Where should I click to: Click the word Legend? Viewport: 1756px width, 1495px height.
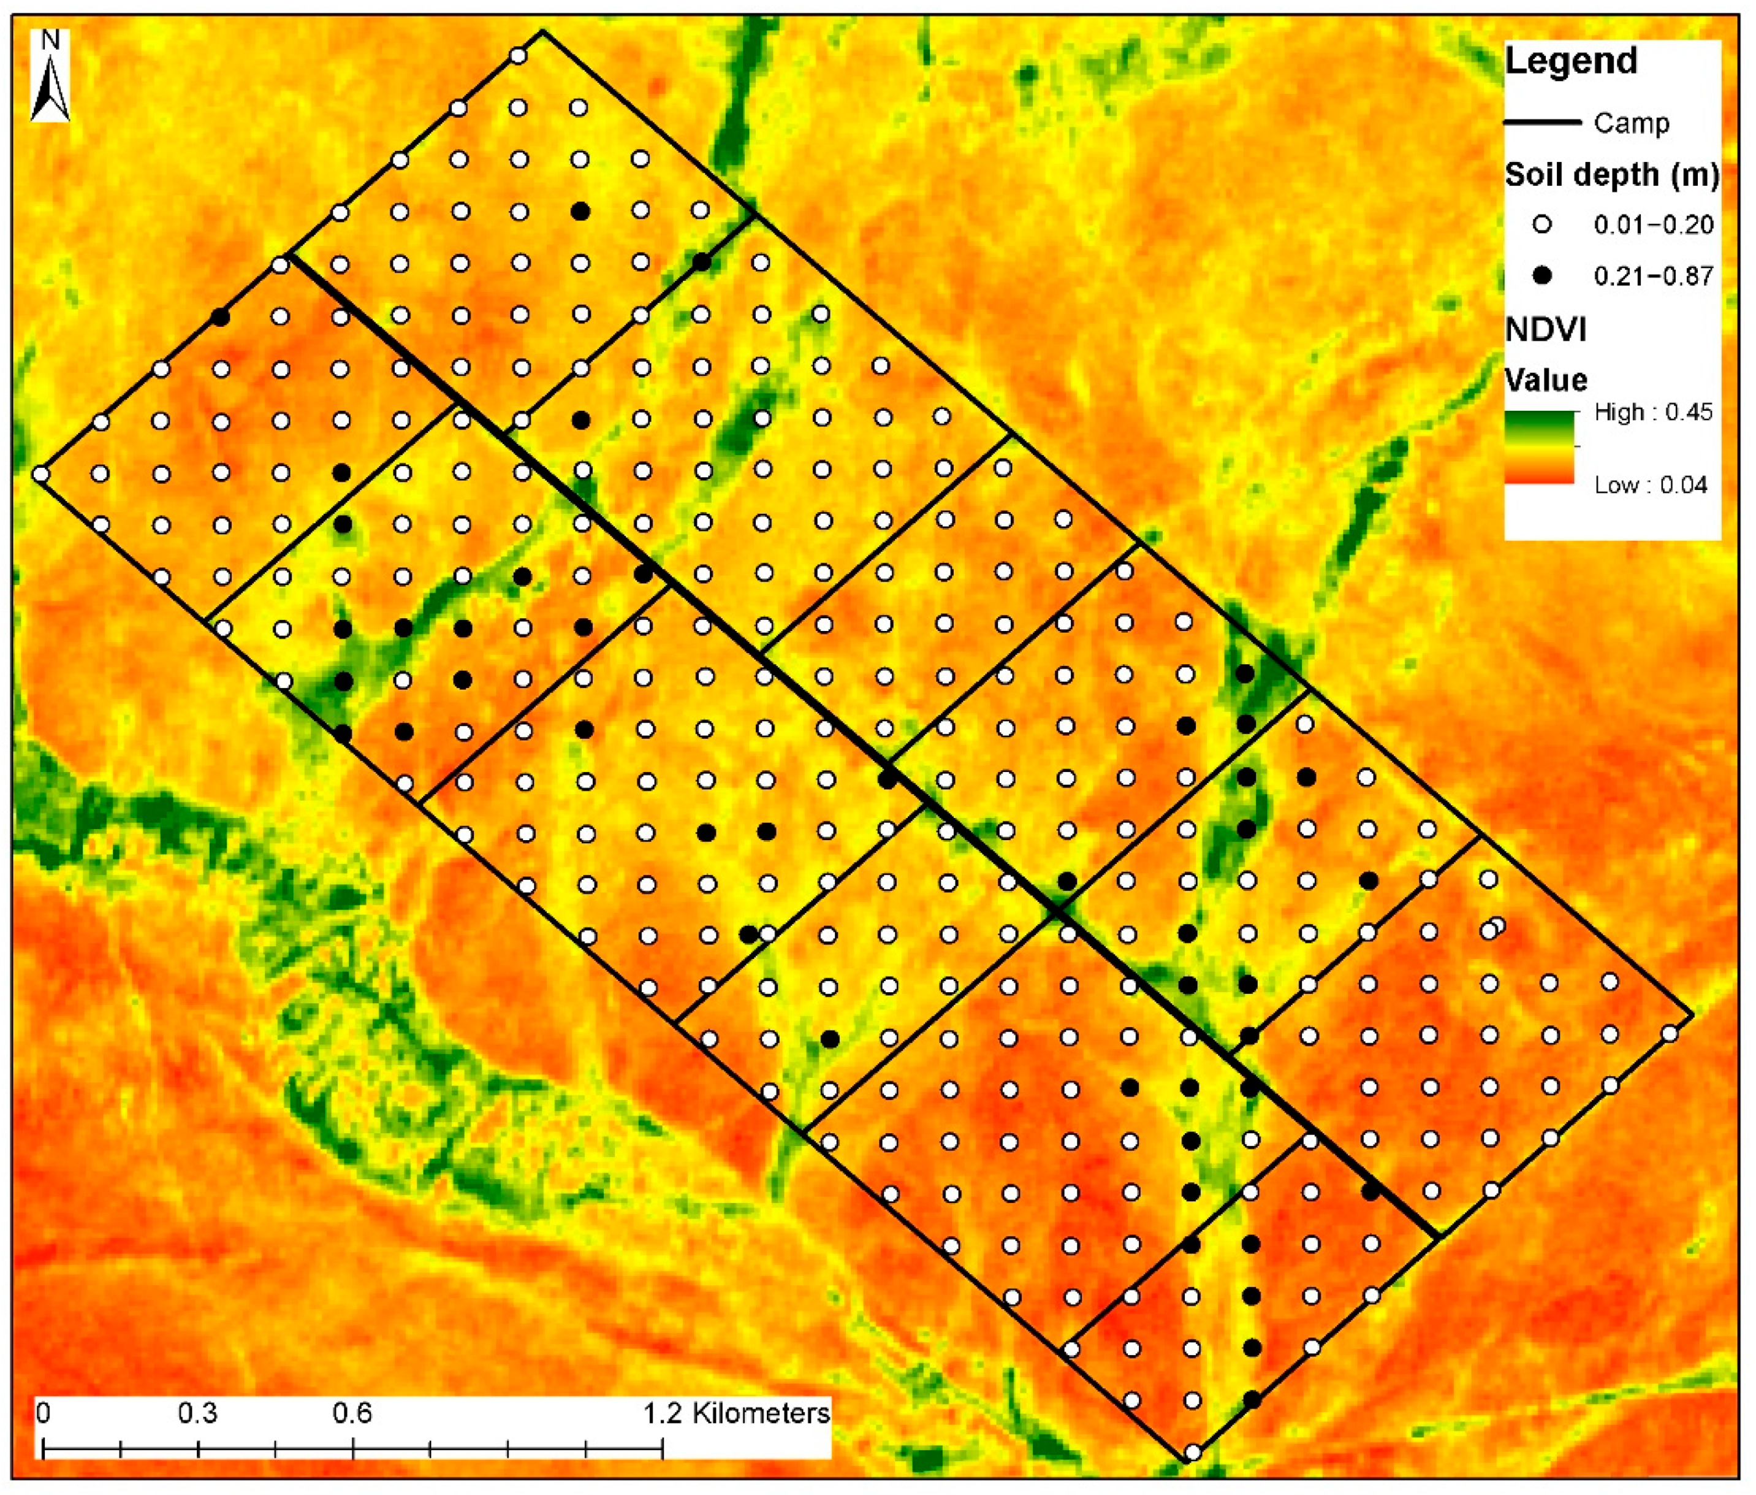pyautogui.click(x=1570, y=62)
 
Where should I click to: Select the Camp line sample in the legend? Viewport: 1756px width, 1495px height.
pyautogui.click(x=1541, y=123)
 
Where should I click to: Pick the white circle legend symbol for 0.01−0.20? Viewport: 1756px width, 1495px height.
pyautogui.click(x=1541, y=224)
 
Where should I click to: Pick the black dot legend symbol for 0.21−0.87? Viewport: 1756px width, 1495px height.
pyautogui.click(x=1541, y=275)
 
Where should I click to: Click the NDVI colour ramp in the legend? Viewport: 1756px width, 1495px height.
pyautogui.click(x=1538, y=448)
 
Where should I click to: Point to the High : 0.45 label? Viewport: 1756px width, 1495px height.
pyautogui.click(x=1652, y=413)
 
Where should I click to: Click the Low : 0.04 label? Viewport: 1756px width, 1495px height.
pyautogui.click(x=1650, y=485)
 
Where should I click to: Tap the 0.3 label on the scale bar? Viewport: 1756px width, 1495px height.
pyautogui.click(x=197, y=1413)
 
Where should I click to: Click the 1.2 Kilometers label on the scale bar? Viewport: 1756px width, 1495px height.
pyautogui.click(x=735, y=1413)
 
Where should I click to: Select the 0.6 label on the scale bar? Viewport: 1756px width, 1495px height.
pyautogui.click(x=352, y=1413)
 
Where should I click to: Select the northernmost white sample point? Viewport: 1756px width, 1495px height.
pyautogui.click(x=519, y=56)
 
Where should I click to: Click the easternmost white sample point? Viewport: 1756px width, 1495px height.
pyautogui.click(x=1670, y=1034)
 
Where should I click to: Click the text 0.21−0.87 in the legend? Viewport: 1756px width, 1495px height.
pyautogui.click(x=1654, y=277)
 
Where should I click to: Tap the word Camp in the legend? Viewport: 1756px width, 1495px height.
pyautogui.click(x=1630, y=124)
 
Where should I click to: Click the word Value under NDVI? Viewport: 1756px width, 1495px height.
pyautogui.click(x=1545, y=380)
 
